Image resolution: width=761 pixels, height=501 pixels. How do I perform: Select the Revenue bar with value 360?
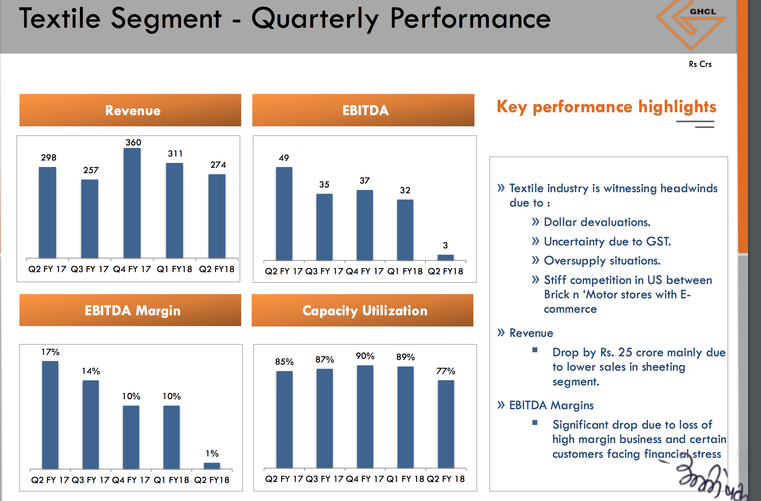[x=132, y=203]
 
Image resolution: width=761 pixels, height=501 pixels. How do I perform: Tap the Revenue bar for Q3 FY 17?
[x=90, y=219]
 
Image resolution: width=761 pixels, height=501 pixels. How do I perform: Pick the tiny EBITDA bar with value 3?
[x=445, y=257]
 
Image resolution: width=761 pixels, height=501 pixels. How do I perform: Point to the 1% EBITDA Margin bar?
[x=212, y=466]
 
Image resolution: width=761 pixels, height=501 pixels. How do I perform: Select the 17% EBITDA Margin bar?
[x=50, y=415]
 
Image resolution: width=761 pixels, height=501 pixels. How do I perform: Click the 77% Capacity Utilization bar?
[x=446, y=424]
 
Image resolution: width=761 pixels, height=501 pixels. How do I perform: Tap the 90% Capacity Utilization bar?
[x=365, y=416]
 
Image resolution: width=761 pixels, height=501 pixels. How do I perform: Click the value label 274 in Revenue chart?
[x=218, y=165]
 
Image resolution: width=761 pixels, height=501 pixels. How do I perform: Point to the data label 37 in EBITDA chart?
[x=365, y=181]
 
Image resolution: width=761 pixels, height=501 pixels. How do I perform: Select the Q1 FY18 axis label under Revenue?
[x=174, y=269]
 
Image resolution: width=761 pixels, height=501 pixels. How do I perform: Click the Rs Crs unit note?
[x=700, y=64]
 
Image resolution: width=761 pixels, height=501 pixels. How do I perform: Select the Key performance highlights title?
[x=606, y=107]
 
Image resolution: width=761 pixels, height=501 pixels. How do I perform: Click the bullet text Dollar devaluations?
[x=597, y=222]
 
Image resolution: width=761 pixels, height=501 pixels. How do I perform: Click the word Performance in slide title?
[x=470, y=19]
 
